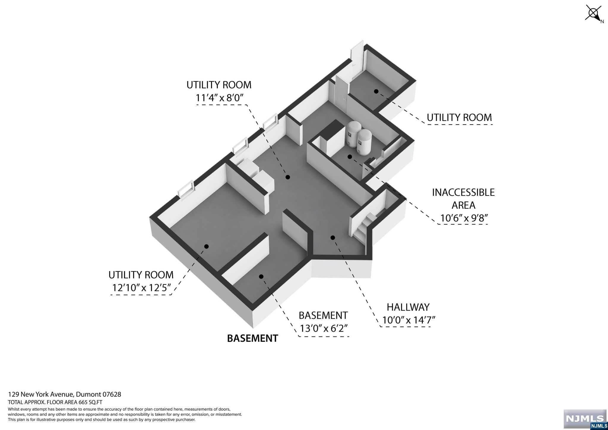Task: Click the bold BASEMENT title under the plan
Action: [252, 338]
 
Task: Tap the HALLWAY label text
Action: [408, 307]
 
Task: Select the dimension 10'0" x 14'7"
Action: [408, 320]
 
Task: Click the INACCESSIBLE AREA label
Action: [463, 199]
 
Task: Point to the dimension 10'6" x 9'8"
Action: [464, 218]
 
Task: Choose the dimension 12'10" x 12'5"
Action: [141, 288]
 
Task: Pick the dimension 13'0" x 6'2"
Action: [323, 328]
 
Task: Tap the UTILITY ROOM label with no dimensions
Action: [459, 118]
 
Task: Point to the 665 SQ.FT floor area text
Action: [55, 402]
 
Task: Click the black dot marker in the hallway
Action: [333, 238]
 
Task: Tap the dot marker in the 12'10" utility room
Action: [207, 246]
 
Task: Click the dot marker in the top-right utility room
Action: [376, 91]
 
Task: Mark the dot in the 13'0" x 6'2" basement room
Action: [261, 276]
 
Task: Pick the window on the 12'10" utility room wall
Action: [186, 189]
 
